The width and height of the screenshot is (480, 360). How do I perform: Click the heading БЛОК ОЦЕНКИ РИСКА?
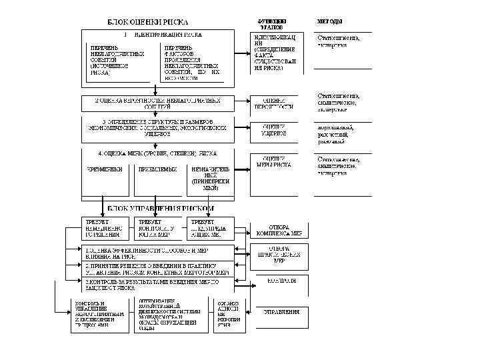pos(148,22)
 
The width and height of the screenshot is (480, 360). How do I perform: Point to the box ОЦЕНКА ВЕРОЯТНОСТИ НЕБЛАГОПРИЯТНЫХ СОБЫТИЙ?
pos(157,103)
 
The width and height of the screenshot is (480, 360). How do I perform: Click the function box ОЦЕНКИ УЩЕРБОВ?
pos(273,130)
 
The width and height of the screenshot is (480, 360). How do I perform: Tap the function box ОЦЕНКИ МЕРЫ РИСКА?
pos(273,162)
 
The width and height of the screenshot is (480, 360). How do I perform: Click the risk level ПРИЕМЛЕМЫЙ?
pos(157,169)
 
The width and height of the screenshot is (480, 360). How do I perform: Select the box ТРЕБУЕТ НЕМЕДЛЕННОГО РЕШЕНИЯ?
pos(105,228)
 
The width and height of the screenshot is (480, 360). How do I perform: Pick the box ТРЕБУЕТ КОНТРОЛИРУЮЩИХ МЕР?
pos(157,228)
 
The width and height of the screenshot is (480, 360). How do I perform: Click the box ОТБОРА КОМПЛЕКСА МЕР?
pos(279,230)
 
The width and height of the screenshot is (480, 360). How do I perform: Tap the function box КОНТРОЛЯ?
pos(280,281)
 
